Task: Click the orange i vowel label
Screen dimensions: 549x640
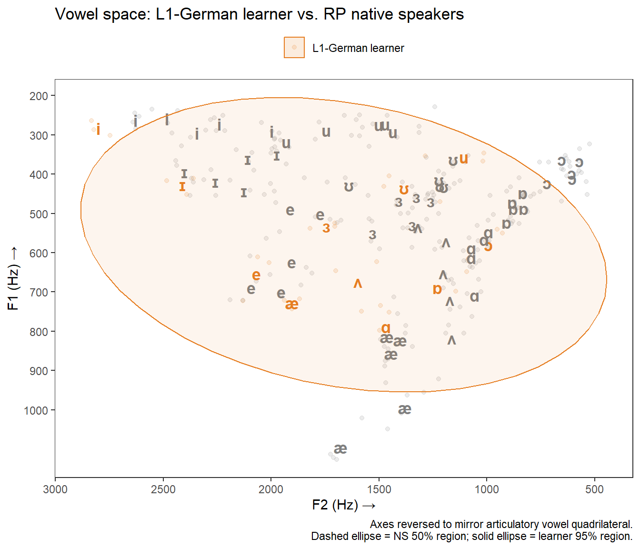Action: coord(98,129)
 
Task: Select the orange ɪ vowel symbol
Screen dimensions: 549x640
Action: coord(182,187)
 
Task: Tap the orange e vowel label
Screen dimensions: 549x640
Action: coord(256,275)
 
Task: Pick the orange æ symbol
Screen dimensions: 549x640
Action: coord(292,304)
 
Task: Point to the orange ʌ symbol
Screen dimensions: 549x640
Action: coord(358,284)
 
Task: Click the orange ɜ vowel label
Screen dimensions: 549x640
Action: coord(326,228)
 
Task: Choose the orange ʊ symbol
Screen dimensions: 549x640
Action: coord(404,190)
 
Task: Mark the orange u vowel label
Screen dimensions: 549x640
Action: coord(463,159)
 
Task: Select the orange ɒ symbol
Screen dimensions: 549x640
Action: coord(437,289)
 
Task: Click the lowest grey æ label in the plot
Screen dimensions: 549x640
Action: coord(340,448)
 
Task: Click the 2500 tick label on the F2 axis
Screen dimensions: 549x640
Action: coord(163,489)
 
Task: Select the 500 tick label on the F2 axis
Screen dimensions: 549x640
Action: coord(594,489)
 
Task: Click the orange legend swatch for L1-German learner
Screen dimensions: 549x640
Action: coord(294,48)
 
